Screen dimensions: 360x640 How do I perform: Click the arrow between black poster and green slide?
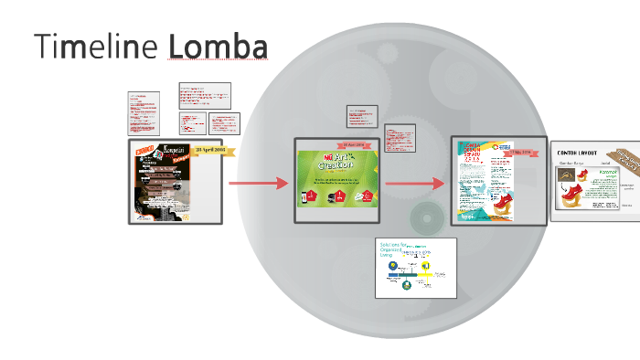click(x=259, y=184)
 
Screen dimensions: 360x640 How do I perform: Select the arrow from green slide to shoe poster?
click(x=416, y=184)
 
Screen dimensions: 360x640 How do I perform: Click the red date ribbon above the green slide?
click(x=351, y=144)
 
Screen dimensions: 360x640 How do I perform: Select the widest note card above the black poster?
click(x=205, y=95)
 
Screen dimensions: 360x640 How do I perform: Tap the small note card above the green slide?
click(x=362, y=117)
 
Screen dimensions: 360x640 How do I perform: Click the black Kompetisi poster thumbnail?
click(x=174, y=182)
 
